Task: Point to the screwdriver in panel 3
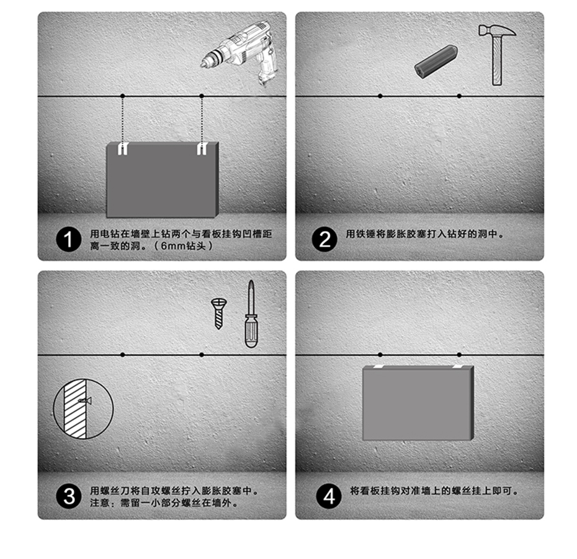pos(251,314)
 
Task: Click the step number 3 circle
pos(69,496)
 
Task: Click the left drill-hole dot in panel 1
pos(123,96)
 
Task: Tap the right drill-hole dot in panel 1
pos(202,96)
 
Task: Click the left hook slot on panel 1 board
pos(123,149)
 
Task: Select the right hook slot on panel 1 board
pos(201,149)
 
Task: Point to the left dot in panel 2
pos(380,96)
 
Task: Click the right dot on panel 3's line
pos(202,354)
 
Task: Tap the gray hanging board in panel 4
pos(417,403)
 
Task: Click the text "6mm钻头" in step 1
pos(186,246)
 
